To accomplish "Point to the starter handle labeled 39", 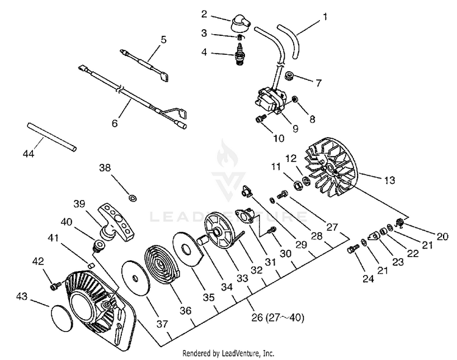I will pos(117,219).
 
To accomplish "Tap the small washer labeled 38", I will pos(132,197).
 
